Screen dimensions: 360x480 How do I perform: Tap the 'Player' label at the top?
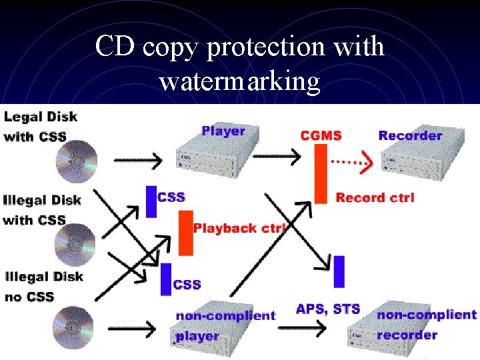pyautogui.click(x=223, y=131)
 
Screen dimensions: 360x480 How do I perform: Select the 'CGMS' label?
pyautogui.click(x=321, y=135)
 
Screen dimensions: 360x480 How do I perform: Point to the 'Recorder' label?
pyautogui.click(x=410, y=135)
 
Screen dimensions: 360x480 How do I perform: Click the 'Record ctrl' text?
pyautogui.click(x=375, y=197)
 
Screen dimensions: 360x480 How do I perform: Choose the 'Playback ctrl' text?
pyautogui.click(x=239, y=228)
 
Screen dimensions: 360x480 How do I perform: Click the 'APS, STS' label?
pyautogui.click(x=327, y=309)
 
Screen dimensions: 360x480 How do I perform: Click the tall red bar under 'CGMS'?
pyautogui.click(x=321, y=172)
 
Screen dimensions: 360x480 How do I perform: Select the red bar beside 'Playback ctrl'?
pyautogui.click(x=185, y=233)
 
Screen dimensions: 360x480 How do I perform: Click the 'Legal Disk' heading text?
pyautogui.click(x=41, y=117)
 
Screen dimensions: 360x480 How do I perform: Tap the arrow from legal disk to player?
pyautogui.click(x=137, y=161)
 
